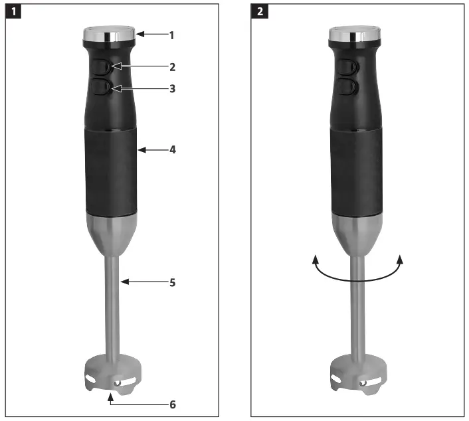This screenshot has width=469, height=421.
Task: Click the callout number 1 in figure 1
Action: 171,35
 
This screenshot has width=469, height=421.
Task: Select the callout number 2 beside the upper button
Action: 172,67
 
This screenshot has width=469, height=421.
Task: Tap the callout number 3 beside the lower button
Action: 172,88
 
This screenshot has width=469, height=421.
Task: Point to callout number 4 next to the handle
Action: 172,150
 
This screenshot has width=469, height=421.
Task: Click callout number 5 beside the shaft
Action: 172,282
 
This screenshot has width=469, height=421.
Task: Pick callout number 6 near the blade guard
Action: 173,404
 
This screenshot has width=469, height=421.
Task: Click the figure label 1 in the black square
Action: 13,11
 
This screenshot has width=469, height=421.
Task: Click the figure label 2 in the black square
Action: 260,11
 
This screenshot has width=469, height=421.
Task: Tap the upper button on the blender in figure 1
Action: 104,66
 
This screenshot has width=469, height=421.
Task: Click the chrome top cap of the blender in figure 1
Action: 110,33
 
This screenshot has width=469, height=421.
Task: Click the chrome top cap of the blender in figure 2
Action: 355,33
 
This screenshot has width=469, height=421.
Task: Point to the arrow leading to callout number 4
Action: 151,151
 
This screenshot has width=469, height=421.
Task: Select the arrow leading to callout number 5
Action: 143,282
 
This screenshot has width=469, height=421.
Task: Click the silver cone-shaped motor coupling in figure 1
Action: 112,236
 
